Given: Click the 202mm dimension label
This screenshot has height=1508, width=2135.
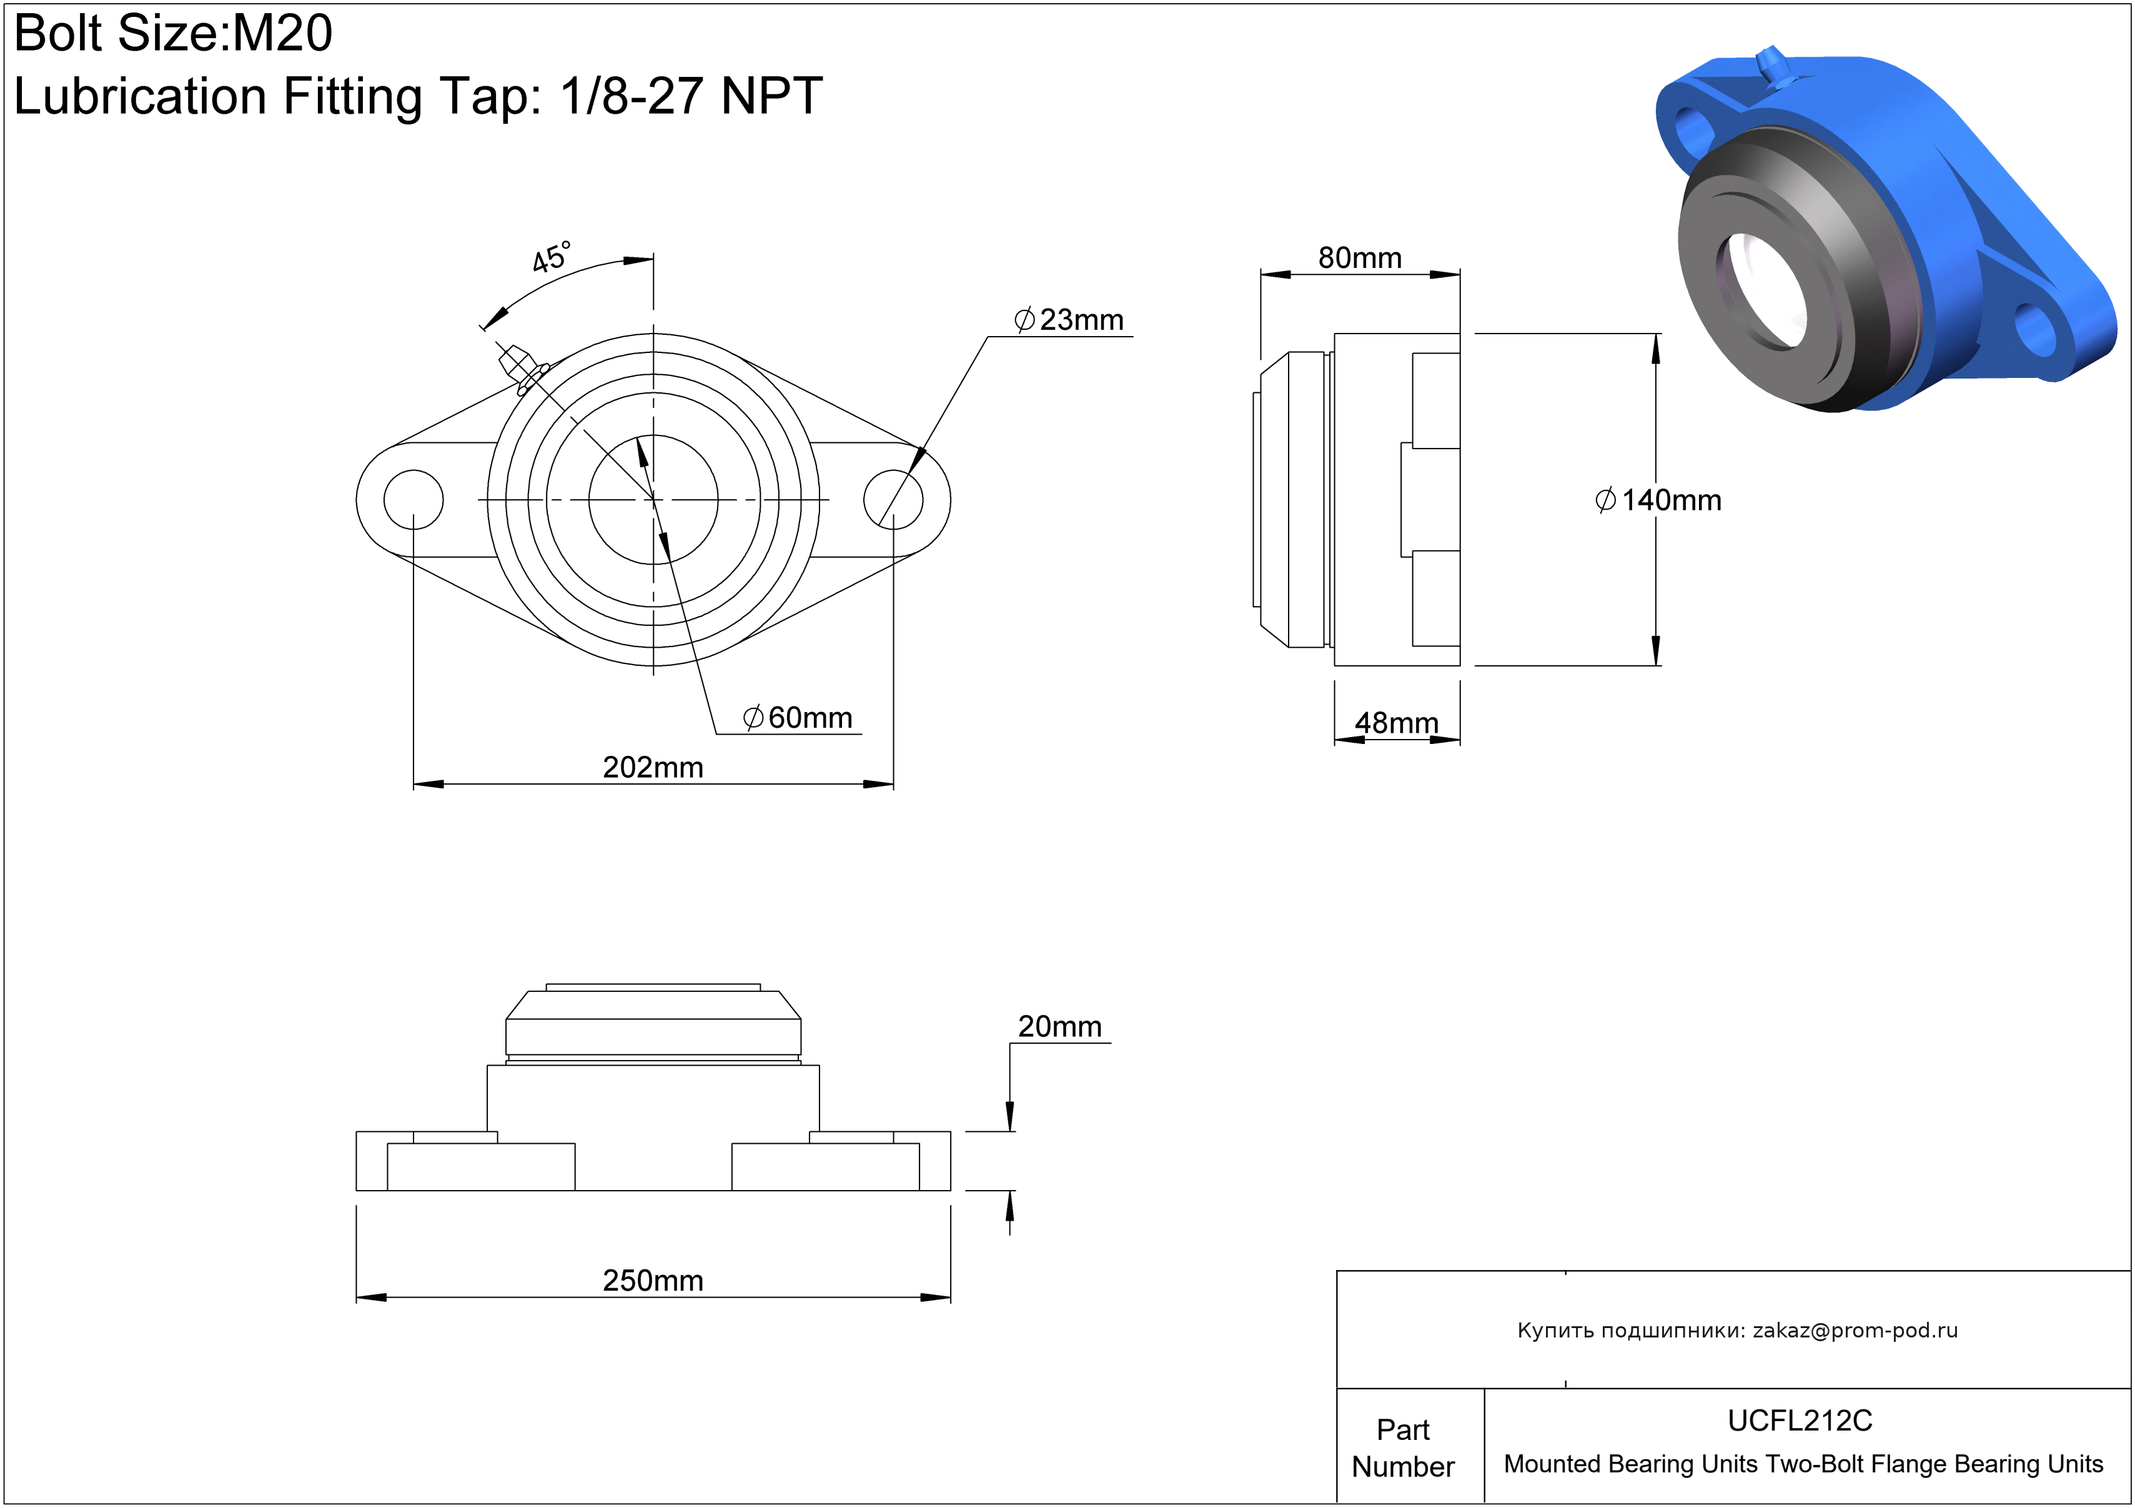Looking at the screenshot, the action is [653, 767].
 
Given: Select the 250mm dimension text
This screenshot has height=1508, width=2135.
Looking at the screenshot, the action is [653, 1280].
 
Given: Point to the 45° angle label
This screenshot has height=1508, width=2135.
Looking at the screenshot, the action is [552, 257].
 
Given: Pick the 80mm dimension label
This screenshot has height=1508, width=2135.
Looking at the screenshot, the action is [1359, 257].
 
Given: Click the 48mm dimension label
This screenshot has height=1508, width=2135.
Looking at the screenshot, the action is [1397, 722].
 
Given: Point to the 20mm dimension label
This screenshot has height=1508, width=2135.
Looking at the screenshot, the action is [1060, 1026].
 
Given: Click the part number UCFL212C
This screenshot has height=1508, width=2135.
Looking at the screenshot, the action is [1800, 1421].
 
